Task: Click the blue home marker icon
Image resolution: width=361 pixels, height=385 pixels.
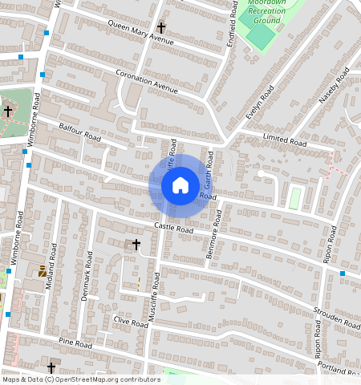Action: tap(180, 186)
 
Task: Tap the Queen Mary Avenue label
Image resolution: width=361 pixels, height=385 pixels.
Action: tap(140, 33)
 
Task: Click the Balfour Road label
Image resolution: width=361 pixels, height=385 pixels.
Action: tap(79, 132)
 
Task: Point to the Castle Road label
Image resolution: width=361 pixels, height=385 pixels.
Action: tap(174, 228)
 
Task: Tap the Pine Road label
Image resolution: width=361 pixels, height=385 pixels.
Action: tap(76, 344)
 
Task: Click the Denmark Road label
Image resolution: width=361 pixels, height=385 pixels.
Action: tap(87, 284)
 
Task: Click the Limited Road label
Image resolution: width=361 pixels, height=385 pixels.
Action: tap(285, 140)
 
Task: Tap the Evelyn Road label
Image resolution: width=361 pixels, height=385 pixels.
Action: tap(261, 103)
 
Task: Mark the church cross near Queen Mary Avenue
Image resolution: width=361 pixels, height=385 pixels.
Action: tap(161, 27)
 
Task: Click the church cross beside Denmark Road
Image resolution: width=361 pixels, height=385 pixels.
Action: tap(136, 243)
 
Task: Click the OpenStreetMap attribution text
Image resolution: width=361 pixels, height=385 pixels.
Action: tap(80, 379)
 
